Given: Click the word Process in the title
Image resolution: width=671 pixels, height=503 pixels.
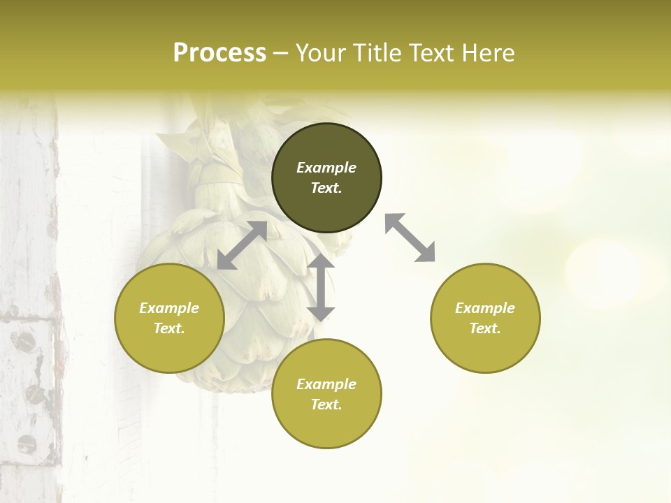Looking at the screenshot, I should [219, 53].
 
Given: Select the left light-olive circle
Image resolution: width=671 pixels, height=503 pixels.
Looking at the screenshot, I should [169, 349].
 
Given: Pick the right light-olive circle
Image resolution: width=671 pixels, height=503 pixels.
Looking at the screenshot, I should [485, 349].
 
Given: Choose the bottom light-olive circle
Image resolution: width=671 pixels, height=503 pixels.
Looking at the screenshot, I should [326, 426].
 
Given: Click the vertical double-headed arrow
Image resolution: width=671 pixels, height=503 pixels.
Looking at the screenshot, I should [321, 287].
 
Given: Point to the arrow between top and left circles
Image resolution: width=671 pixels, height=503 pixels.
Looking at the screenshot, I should [242, 245].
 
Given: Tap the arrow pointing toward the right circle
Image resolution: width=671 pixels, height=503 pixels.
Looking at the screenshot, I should [410, 238].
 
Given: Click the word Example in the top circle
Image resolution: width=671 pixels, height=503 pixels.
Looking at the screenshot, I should [326, 168].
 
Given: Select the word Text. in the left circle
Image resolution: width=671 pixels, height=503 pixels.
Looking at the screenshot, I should [169, 328].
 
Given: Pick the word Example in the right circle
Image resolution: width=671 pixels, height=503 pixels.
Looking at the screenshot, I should [485, 308].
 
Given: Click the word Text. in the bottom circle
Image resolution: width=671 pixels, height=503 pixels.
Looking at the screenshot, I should [326, 404].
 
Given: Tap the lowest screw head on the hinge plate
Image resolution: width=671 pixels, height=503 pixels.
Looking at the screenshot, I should [27, 443].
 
